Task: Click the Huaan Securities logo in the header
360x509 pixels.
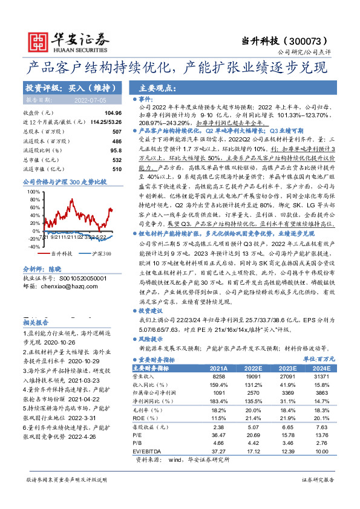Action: coord(58,42)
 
